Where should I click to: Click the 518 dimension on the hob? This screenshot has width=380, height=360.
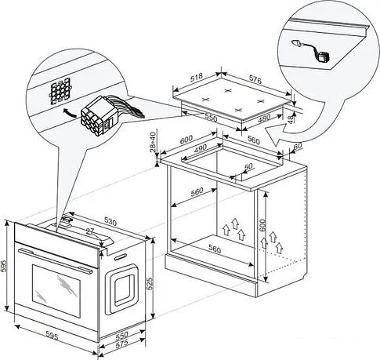[197, 77]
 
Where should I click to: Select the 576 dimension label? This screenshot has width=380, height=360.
[255, 80]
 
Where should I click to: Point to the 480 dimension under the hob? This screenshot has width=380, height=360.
[264, 119]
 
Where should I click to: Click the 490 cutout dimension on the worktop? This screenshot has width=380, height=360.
[201, 148]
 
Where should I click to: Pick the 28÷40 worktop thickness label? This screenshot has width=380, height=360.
[153, 141]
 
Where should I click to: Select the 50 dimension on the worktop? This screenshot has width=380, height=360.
[248, 166]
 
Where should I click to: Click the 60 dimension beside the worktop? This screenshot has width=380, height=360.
[298, 146]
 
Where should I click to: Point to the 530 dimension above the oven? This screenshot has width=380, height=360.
[110, 222]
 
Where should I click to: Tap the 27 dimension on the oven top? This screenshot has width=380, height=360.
[90, 231]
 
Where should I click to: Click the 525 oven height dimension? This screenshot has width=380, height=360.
[149, 283]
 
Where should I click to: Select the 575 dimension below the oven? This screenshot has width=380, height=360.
[121, 343]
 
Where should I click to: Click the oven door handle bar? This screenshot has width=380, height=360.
[55, 260]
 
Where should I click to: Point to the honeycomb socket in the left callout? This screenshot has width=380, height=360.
[61, 90]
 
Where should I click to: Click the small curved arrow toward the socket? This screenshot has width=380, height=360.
[70, 113]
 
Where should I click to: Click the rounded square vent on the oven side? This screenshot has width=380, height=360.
[121, 289]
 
